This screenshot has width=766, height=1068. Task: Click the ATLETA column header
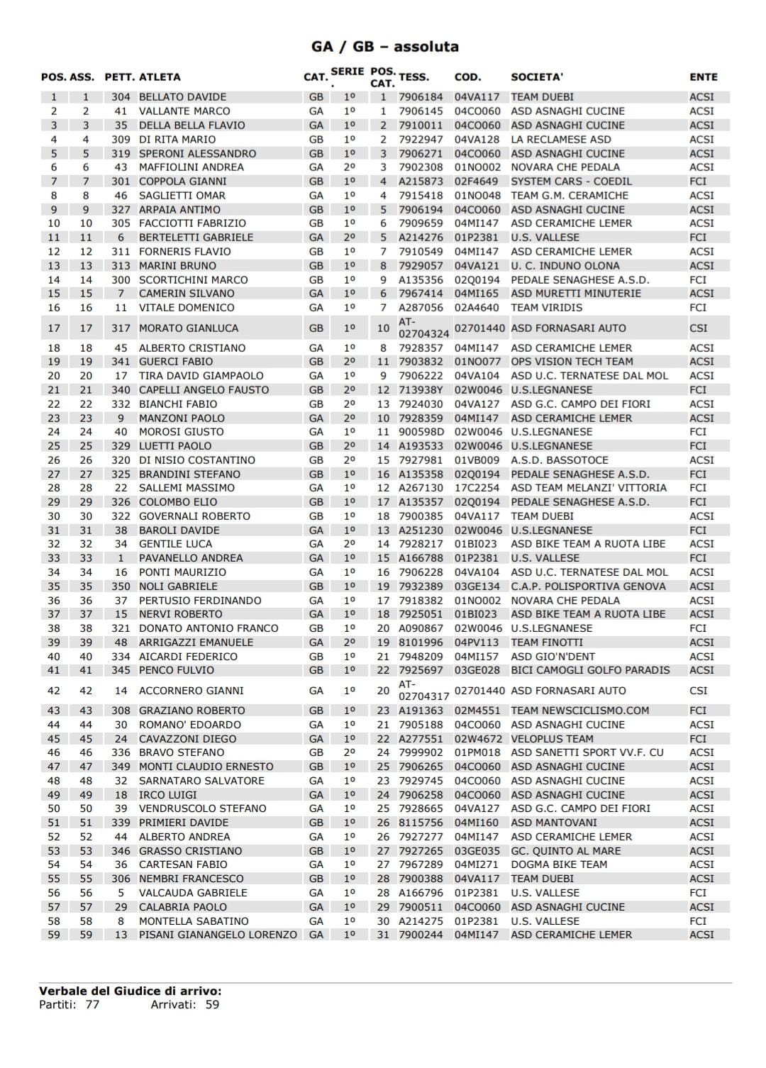click(x=160, y=77)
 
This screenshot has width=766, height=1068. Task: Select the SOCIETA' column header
click(x=537, y=77)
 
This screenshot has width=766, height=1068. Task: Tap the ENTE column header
click(x=703, y=77)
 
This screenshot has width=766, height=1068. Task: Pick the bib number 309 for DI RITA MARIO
click(x=121, y=139)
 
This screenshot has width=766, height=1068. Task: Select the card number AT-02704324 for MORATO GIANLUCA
click(x=423, y=328)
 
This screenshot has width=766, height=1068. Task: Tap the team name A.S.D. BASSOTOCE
click(x=560, y=460)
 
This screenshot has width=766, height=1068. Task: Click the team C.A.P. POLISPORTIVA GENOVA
click(x=588, y=586)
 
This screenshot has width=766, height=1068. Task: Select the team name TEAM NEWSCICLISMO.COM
click(x=579, y=711)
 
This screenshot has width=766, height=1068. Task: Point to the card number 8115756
click(x=421, y=823)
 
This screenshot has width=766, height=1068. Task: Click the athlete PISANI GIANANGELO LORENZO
click(x=218, y=935)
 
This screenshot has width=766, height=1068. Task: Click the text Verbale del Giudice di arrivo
click(x=131, y=991)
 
